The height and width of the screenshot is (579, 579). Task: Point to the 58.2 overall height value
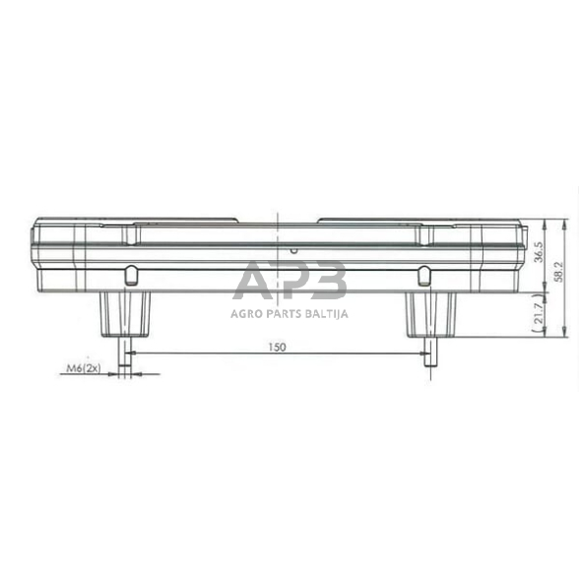pos(557,274)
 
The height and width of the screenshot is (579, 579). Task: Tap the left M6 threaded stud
pos(125,354)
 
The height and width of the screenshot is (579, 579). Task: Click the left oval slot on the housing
pos(130,275)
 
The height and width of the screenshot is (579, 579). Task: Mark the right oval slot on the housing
pos(422,275)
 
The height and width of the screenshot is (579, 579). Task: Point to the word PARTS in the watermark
pos(283,315)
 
